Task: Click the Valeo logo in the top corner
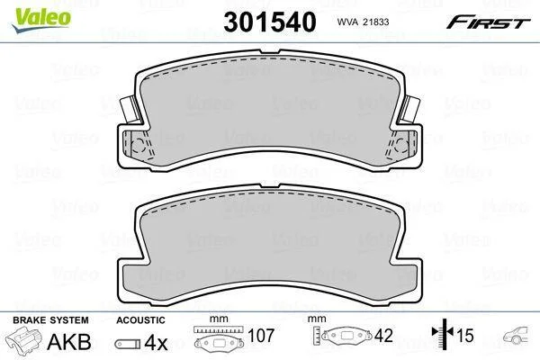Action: tap(41, 21)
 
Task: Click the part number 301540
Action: tap(270, 22)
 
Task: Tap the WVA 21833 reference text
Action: tap(363, 22)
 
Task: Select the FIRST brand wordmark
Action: tap(488, 22)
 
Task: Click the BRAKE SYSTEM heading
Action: tap(50, 320)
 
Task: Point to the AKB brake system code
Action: tap(69, 342)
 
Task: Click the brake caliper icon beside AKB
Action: tap(23, 339)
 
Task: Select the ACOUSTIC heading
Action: tap(140, 320)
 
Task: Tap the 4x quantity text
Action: tap(156, 342)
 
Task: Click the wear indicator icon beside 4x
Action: tap(128, 344)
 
